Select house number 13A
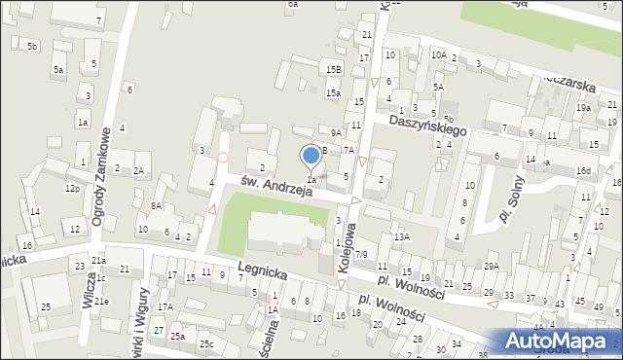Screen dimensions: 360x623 tap(401, 236)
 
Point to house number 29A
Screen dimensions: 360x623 tap(491, 266)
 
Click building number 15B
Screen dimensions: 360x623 tap(334, 70)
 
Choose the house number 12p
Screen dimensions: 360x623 tap(72, 188)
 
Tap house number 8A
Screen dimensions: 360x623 tap(156, 205)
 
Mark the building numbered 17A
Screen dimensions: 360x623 tap(165, 307)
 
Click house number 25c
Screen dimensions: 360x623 tap(206, 343)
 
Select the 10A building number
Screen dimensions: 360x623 tap(439, 55)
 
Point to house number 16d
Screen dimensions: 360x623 tap(582, 171)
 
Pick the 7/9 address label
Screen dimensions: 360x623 tap(361, 254)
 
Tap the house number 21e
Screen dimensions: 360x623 tap(101, 302)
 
